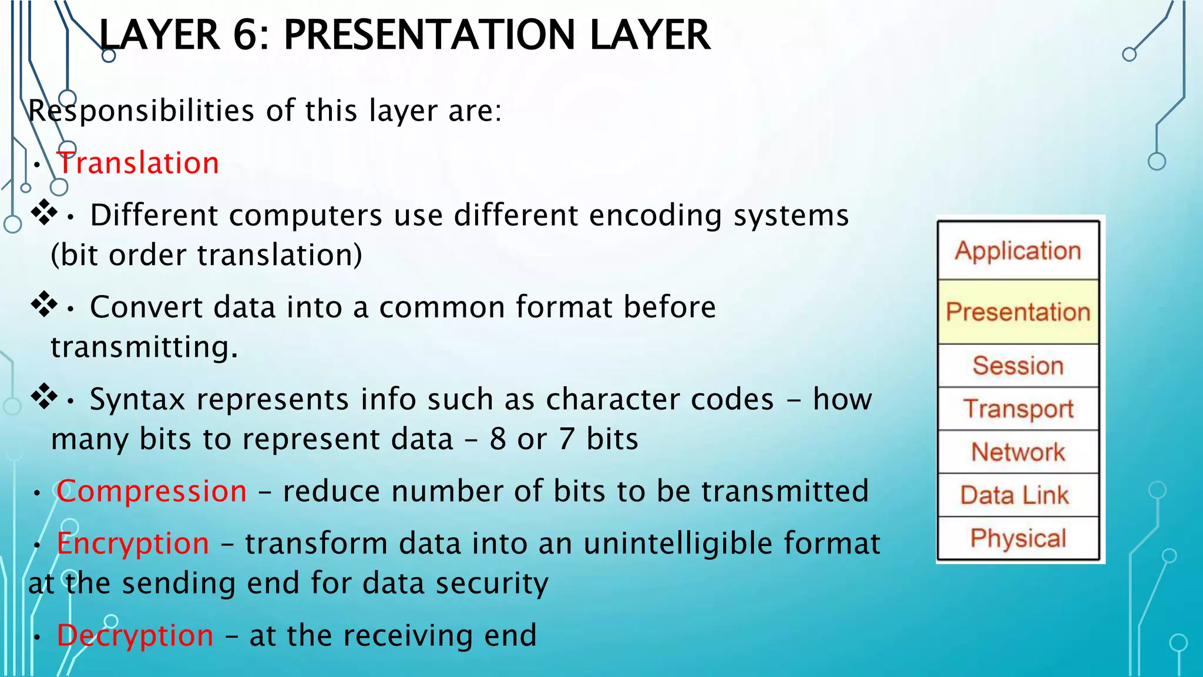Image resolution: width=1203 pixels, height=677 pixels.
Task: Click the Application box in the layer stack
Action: coord(1018,251)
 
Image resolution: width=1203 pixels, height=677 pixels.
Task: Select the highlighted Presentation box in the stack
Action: coord(1018,312)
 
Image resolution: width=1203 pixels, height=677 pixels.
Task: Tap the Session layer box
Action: coord(1018,366)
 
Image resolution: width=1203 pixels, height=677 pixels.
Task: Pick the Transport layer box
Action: coord(1018,408)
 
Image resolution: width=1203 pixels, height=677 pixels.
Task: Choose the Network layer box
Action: coord(1018,452)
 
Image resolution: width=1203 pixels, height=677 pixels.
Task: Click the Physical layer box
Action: coord(1018,538)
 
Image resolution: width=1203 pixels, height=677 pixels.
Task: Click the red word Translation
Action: coord(138,163)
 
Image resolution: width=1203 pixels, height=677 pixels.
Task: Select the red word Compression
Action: coord(152,491)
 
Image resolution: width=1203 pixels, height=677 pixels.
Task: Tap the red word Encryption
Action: coord(133,543)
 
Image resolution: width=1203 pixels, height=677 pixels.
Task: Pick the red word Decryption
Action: coord(135,635)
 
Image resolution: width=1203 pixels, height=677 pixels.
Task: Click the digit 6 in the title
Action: coord(247,35)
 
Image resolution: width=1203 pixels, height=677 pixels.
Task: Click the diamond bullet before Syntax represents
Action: coord(44,397)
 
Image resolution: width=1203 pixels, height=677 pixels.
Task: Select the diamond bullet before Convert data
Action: coord(44,304)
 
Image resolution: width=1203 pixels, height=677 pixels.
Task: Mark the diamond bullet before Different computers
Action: coord(44,212)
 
